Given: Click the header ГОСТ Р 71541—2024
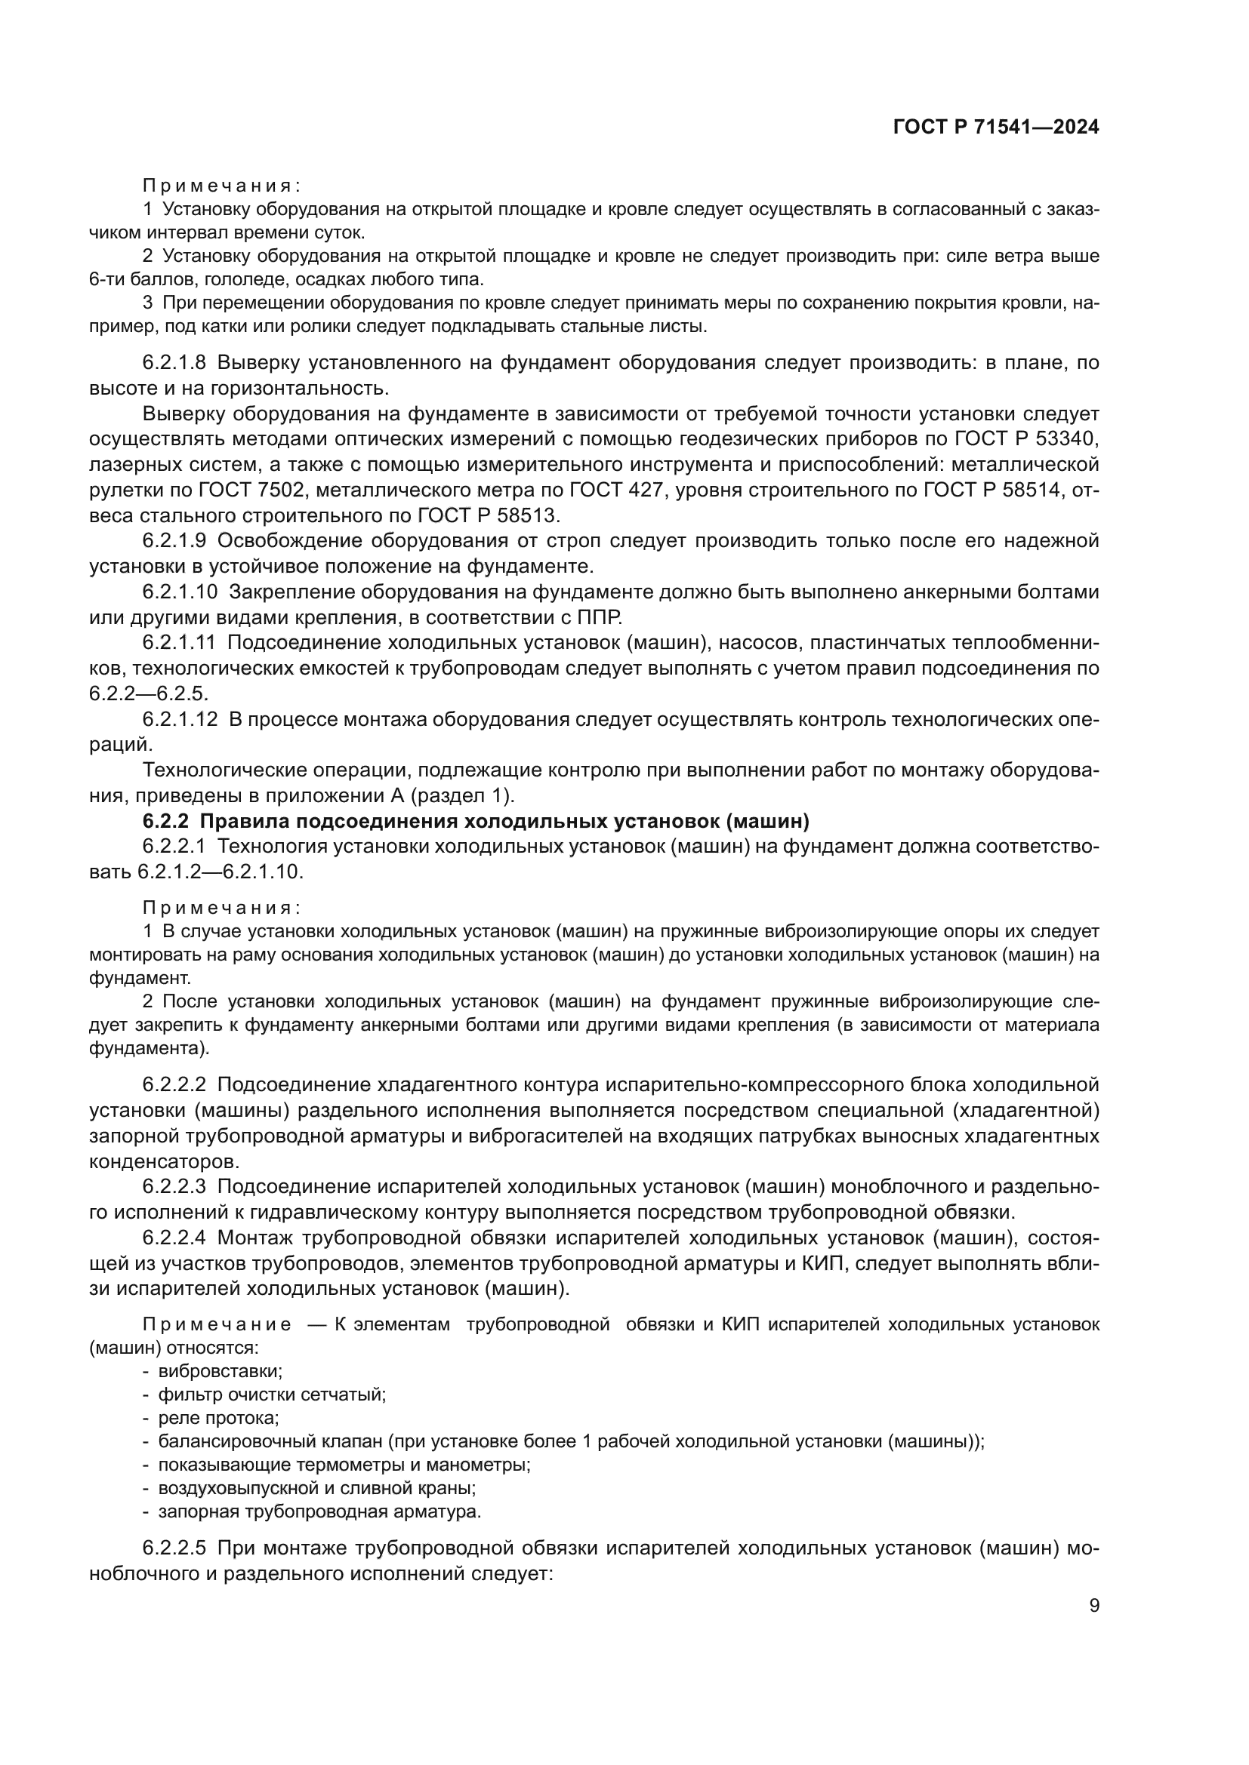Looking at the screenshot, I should pos(995,128).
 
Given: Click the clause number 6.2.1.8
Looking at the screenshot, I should pos(174,362).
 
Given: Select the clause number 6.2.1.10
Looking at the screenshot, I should pos(180,592).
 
